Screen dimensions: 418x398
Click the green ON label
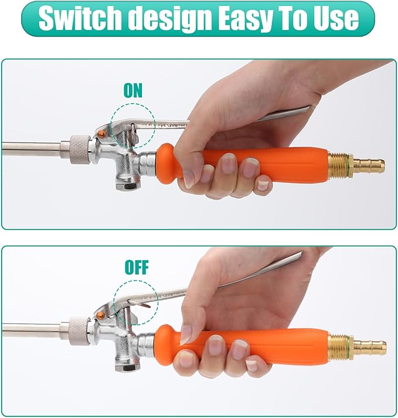click(x=132, y=90)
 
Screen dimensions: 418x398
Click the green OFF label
click(x=137, y=268)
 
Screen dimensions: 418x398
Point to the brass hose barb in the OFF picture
click(x=372, y=346)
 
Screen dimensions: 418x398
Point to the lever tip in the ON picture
click(x=307, y=109)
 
